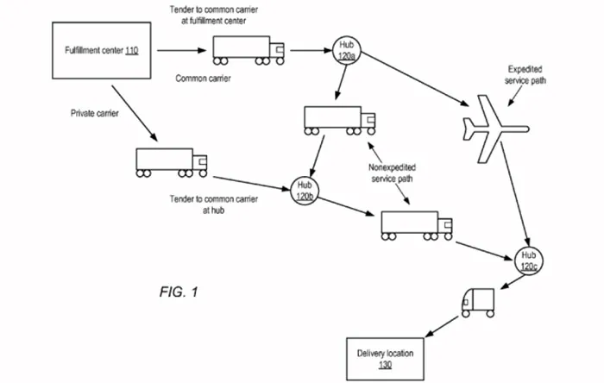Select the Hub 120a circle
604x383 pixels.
pyautogui.click(x=345, y=49)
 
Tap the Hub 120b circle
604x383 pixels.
pyautogui.click(x=304, y=191)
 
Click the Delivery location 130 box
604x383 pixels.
pyautogui.click(x=384, y=357)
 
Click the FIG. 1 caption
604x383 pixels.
pyautogui.click(x=179, y=291)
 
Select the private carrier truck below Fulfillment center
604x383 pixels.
pyautogui.click(x=171, y=161)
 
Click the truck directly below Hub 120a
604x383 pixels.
pyautogui.click(x=337, y=120)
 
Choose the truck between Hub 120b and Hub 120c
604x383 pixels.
pyautogui.click(x=417, y=224)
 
